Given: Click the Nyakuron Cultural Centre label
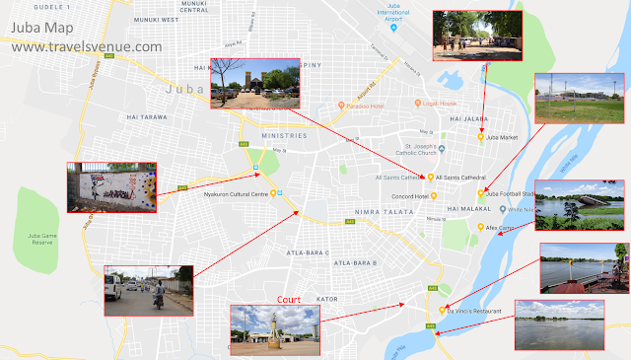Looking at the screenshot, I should click(x=238, y=194).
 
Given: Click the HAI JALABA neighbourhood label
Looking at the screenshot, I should click(x=467, y=118).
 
